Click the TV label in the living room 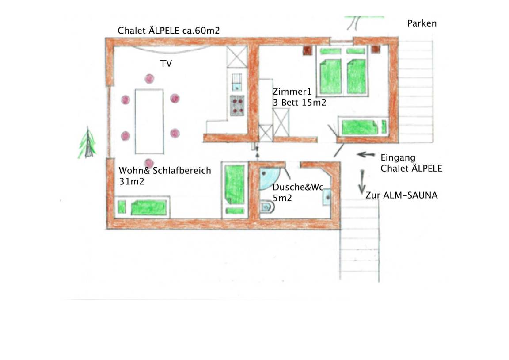tap(166, 64)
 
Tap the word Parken tap(422, 23)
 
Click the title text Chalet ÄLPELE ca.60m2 tap(169, 31)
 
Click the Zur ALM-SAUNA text tap(401, 195)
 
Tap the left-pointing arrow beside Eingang tap(366, 155)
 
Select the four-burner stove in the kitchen tap(238, 106)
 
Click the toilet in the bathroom tap(266, 207)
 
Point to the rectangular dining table tap(149, 121)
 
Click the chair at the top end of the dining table tap(149, 79)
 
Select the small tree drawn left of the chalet tap(88, 144)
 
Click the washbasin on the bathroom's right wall tap(327, 195)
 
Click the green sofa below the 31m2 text tap(148, 207)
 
